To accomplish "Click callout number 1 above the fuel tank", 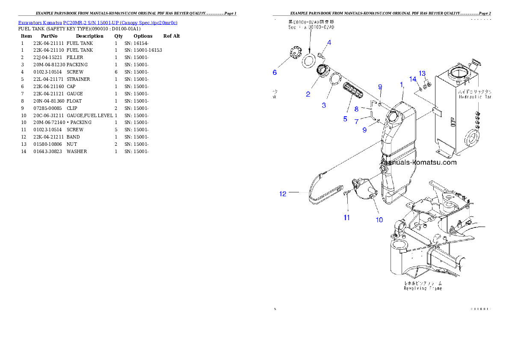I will click(x=402, y=85).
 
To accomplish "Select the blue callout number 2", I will click(x=308, y=94).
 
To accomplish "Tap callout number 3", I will click(x=324, y=105).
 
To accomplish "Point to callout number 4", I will click(x=329, y=42).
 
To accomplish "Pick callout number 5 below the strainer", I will click(x=345, y=119).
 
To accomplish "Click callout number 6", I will click(x=275, y=72).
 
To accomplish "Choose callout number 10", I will click(x=379, y=220).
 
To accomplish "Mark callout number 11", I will click(x=346, y=218).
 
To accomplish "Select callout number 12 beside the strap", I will click(x=283, y=194).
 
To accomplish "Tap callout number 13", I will click(x=422, y=73).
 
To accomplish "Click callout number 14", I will click(x=413, y=79).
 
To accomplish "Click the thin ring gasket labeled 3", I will click(x=335, y=80).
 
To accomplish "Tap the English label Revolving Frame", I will click(x=423, y=289).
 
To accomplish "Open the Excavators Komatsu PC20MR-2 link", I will click(x=98, y=22).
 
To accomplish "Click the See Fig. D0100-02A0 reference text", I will click(x=311, y=27).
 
